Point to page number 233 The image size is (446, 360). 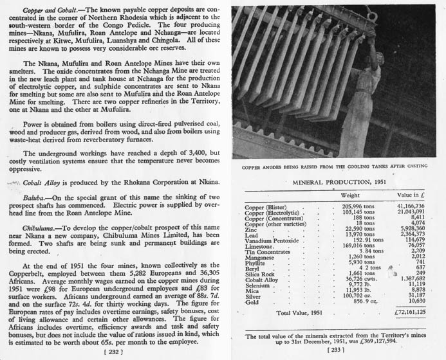tap(335, 351)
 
